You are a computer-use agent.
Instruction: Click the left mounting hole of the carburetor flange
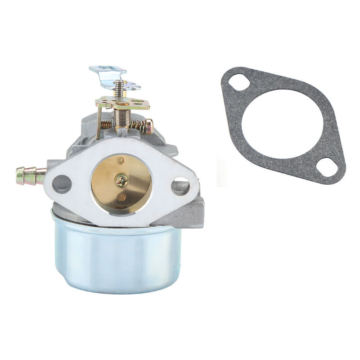coord(62,184)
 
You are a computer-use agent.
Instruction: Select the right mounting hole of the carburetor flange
coord(180,185)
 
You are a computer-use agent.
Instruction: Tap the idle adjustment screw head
coord(149,126)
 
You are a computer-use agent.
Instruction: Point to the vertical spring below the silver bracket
coord(118,89)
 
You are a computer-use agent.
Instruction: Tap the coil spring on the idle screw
coord(139,126)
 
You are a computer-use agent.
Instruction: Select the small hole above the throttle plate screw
coord(121,160)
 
